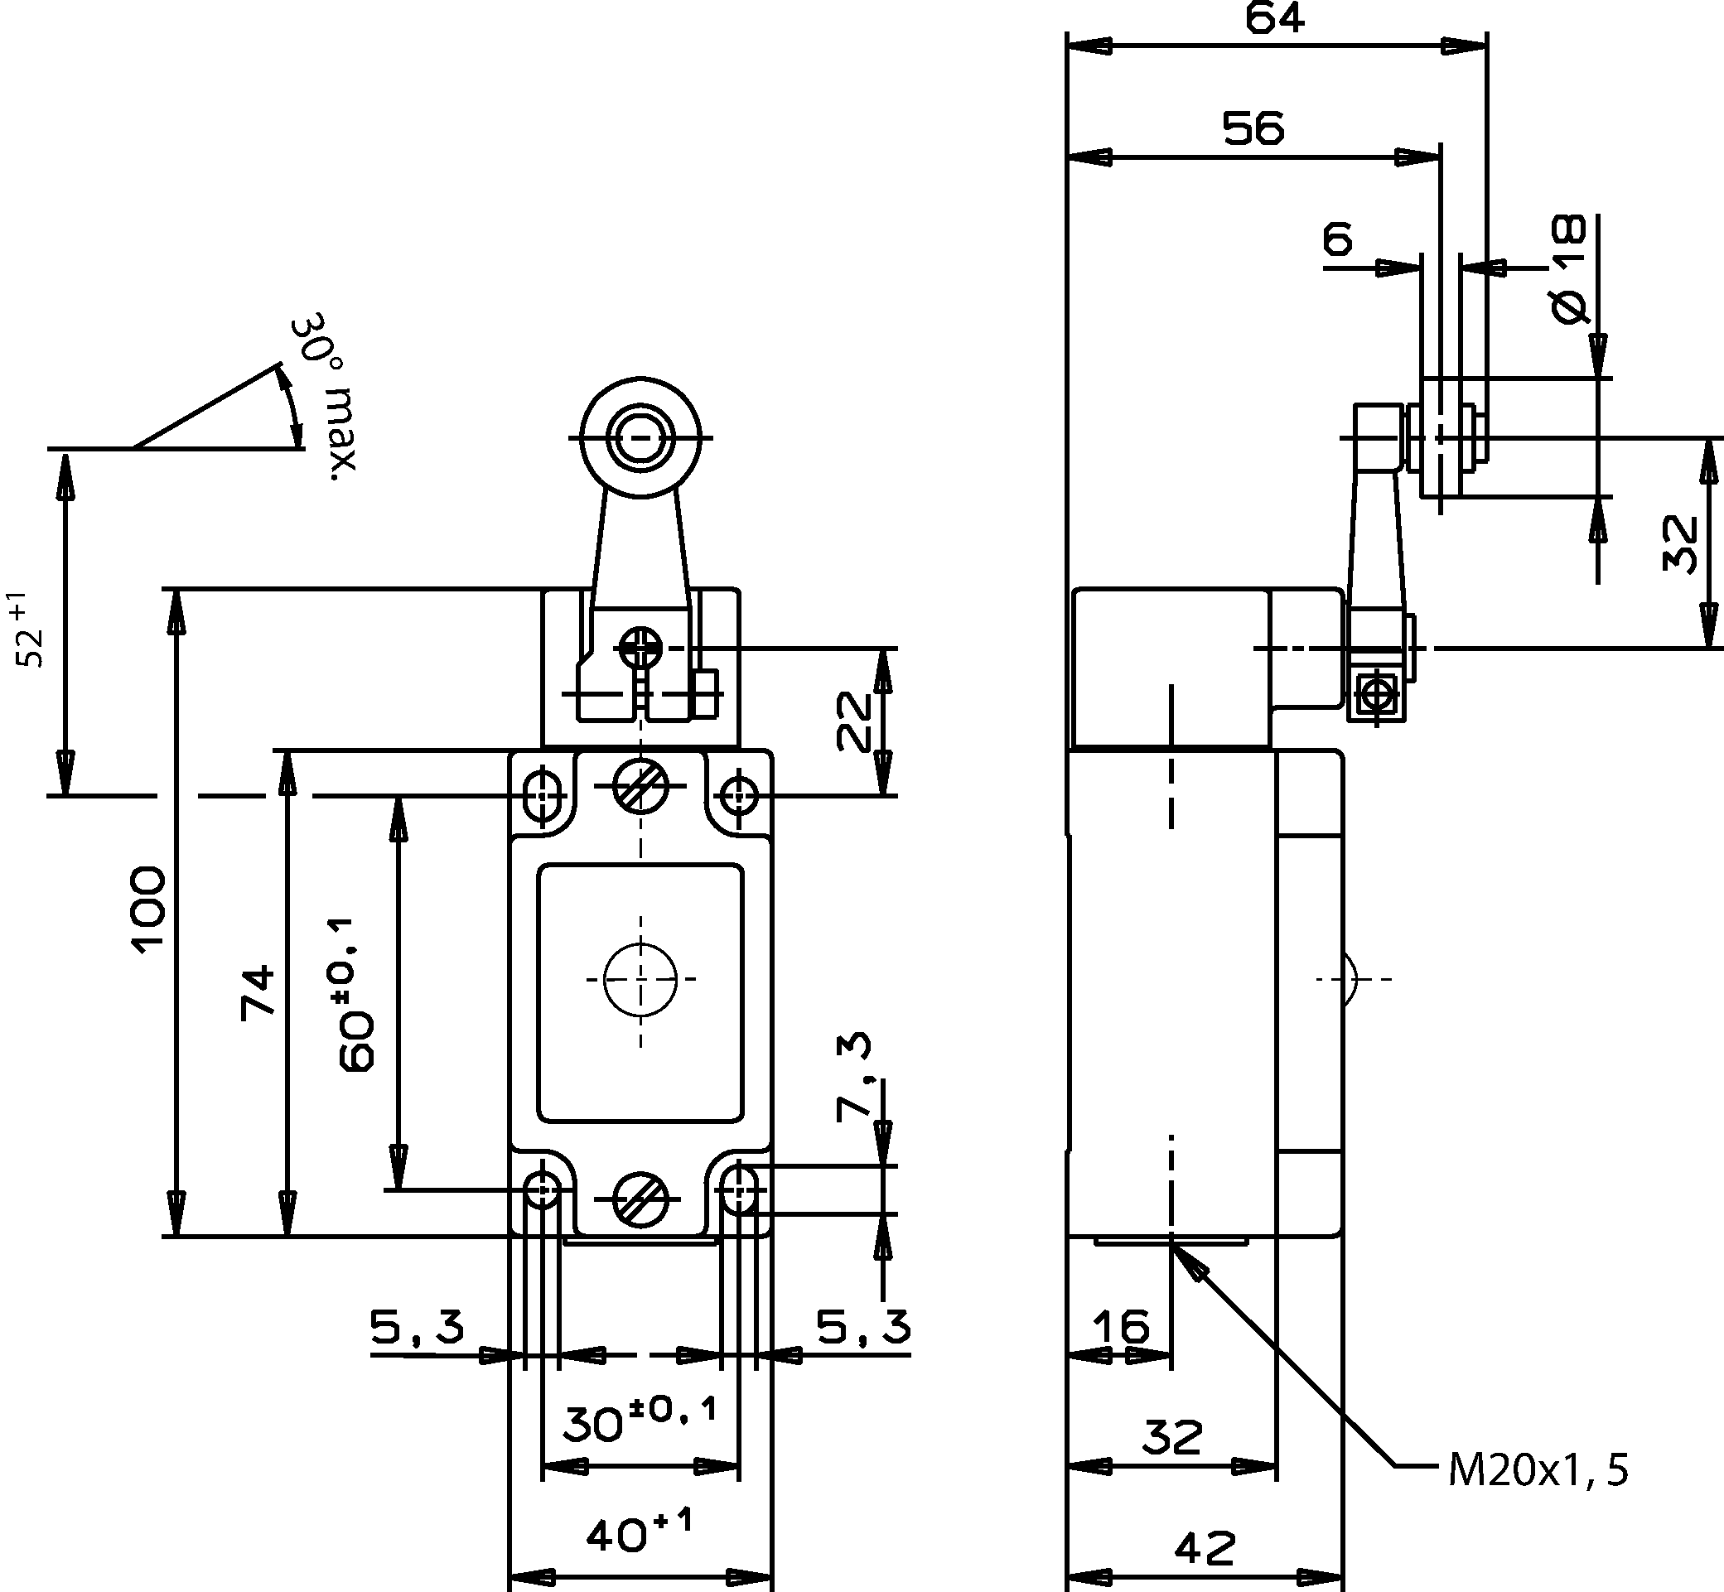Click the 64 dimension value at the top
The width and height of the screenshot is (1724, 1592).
pos(1275,19)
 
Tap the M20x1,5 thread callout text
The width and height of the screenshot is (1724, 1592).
pos(1538,1470)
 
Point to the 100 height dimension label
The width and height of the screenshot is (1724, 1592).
pos(149,909)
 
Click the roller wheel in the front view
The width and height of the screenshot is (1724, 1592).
pos(640,437)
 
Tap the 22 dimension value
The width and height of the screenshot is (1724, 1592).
pos(856,721)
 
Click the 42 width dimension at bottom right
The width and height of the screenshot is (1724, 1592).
pos(1205,1548)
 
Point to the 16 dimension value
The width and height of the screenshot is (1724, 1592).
pos(1121,1326)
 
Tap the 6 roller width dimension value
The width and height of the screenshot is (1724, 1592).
pos(1337,239)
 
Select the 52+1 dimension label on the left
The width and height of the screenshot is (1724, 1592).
pos(29,630)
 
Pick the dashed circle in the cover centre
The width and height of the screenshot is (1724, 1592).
pos(640,978)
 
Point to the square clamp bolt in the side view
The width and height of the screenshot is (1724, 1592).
pos(1378,692)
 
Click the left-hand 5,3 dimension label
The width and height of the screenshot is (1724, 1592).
pos(417,1327)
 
